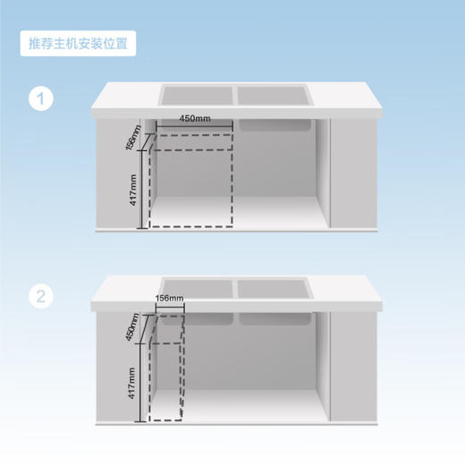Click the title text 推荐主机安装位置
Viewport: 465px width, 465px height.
(x=78, y=44)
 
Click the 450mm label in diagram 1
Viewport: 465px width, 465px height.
(x=195, y=119)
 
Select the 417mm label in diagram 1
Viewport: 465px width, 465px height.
(x=133, y=190)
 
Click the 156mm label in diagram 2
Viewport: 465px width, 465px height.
(x=169, y=298)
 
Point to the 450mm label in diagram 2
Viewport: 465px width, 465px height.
(x=131, y=326)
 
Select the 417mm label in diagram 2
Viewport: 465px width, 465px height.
(x=132, y=382)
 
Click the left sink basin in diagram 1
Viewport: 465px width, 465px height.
(x=196, y=94)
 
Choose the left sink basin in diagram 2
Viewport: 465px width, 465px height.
(x=196, y=289)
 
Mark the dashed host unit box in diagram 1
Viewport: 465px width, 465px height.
(x=190, y=183)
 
